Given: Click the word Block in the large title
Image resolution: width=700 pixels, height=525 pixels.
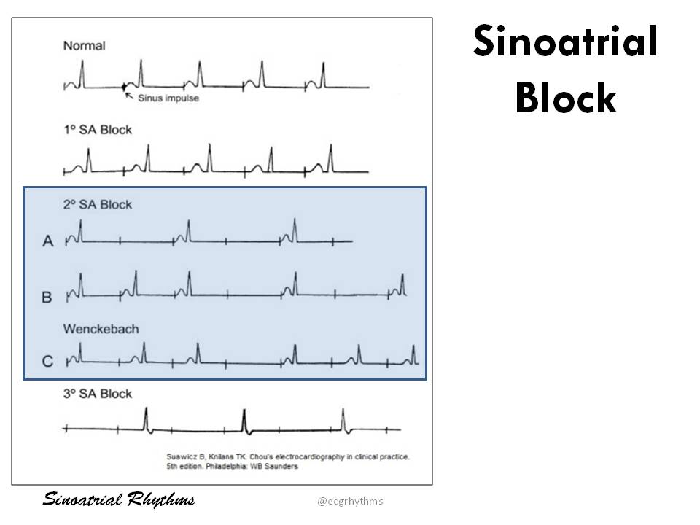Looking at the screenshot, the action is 565,98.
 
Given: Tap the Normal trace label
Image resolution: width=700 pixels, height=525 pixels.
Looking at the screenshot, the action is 84,46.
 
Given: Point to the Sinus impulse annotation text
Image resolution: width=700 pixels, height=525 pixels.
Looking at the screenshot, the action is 168,98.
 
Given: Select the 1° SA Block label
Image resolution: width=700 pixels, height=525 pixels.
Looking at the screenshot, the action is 98,130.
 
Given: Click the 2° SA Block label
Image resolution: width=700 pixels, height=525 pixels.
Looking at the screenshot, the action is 98,205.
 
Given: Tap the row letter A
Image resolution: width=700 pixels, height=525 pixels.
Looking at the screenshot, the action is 48,241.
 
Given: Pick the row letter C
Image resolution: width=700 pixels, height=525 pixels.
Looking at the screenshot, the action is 48,361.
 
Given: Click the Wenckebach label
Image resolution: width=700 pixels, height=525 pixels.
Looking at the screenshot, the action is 101,329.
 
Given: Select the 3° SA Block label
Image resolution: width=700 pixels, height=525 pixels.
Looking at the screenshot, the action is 98,394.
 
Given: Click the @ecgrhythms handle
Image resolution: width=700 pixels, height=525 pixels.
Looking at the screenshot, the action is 350,501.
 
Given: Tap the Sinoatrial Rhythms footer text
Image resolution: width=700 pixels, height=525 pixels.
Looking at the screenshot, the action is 119,500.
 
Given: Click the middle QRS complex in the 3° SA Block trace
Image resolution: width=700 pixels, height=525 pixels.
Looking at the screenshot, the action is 244,419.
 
